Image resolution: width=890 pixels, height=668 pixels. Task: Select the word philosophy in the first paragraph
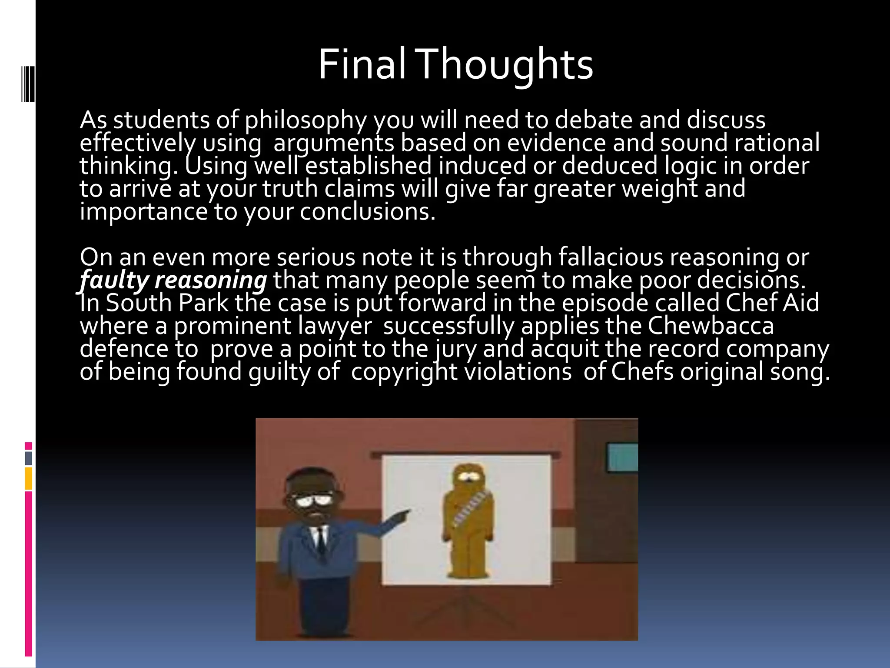(306, 120)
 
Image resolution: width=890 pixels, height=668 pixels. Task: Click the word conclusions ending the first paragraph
(367, 212)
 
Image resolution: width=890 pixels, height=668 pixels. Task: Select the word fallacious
(611, 257)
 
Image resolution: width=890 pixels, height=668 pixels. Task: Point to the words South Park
(167, 303)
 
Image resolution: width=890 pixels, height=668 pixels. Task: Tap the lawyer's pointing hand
(402, 516)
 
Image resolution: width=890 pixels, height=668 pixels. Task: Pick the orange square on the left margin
(29, 478)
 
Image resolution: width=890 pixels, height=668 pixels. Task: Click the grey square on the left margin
(29, 458)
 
